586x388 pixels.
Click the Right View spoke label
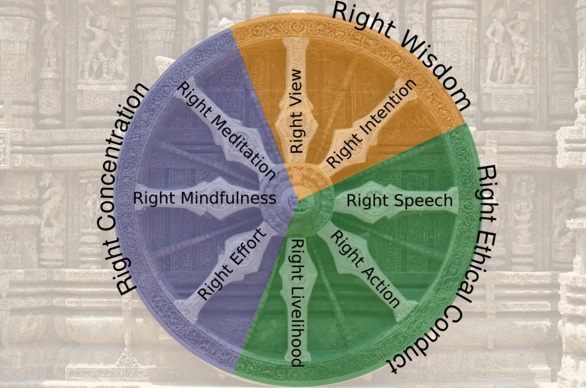coord(296,111)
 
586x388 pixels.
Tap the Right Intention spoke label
coord(371,123)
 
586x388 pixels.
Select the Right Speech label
coord(399,201)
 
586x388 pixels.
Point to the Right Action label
coord(365,269)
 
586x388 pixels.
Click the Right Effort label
coord(232,265)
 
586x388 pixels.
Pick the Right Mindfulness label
coord(204,198)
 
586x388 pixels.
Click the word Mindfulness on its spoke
coord(228,198)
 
